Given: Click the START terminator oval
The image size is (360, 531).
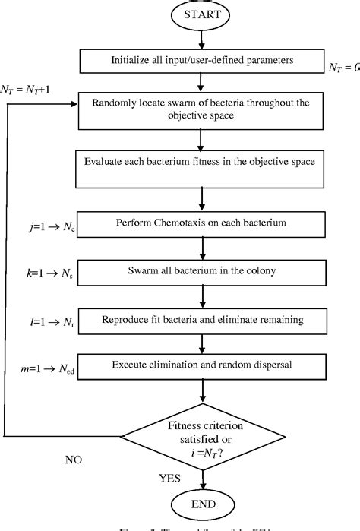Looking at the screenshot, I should pyautogui.click(x=202, y=14).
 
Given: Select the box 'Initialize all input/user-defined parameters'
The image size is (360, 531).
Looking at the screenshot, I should pyautogui.click(x=201, y=60).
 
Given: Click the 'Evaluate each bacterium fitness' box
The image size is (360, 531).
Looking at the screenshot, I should pyautogui.click(x=201, y=168).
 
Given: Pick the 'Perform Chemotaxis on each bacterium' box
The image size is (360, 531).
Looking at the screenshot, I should pyautogui.click(x=201, y=224).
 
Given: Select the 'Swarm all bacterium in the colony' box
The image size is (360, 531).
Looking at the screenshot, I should pyautogui.click(x=201, y=269).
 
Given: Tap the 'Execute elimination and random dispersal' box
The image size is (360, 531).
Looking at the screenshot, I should pyautogui.click(x=201, y=365).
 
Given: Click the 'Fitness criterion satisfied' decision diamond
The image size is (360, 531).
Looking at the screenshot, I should pyautogui.click(x=202, y=435).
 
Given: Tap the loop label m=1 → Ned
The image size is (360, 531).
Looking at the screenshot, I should pyautogui.click(x=49, y=365).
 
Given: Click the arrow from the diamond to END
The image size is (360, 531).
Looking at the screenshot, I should pyautogui.click(x=202, y=475).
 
